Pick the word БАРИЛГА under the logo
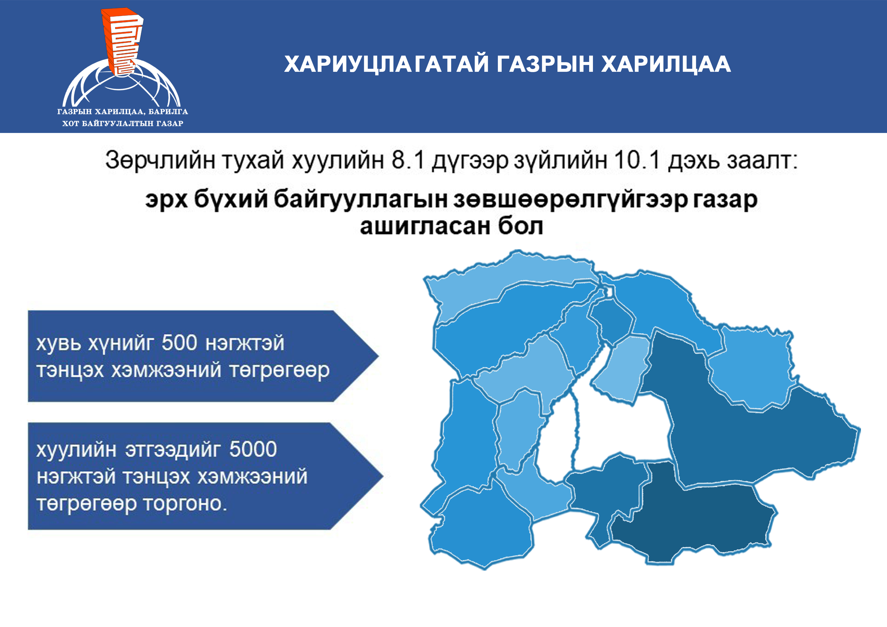tap(168, 112)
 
